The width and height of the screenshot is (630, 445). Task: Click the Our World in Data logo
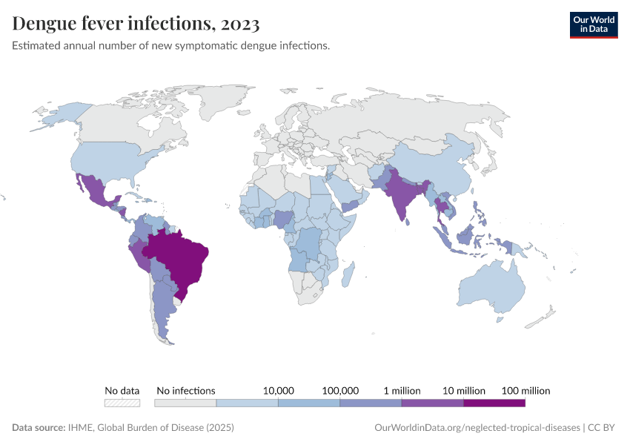(593, 24)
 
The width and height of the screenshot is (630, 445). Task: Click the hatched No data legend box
(122, 403)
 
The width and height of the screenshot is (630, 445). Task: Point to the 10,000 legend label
(279, 390)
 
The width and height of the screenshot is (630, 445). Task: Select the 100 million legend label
(525, 390)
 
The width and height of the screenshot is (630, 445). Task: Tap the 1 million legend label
(402, 390)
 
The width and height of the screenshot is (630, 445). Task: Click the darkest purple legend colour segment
(494, 403)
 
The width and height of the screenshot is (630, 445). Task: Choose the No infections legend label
(185, 390)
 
